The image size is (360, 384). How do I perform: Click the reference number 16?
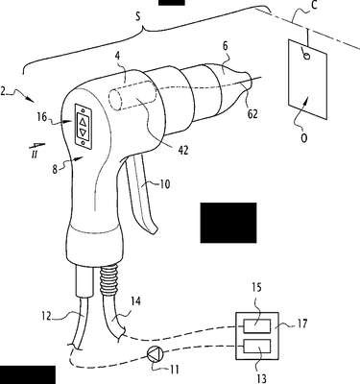click(x=42, y=117)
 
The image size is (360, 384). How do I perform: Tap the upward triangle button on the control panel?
click(x=83, y=121)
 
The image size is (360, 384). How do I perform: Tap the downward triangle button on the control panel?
click(x=83, y=132)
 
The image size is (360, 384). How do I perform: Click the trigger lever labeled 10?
click(x=141, y=196)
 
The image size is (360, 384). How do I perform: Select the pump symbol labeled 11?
click(x=156, y=354)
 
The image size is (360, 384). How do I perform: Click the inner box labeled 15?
click(x=256, y=326)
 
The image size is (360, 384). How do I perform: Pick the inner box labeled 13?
click(x=256, y=346)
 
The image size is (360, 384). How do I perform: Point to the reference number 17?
click(x=301, y=324)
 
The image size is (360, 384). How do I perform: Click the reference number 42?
click(x=182, y=150)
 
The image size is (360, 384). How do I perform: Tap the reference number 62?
click(x=252, y=114)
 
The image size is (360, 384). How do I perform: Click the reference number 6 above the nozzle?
click(x=226, y=46)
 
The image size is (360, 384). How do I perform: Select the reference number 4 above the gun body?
click(x=117, y=57)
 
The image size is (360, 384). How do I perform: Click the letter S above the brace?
click(x=138, y=16)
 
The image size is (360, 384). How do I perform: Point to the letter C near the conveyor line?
click(x=314, y=6)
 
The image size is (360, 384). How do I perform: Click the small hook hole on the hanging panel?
click(x=306, y=57)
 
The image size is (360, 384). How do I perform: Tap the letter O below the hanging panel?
click(x=304, y=138)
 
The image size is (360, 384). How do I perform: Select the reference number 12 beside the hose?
click(x=46, y=317)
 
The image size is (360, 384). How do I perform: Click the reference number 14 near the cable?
click(x=135, y=301)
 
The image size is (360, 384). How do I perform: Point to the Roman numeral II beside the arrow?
click(x=35, y=155)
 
